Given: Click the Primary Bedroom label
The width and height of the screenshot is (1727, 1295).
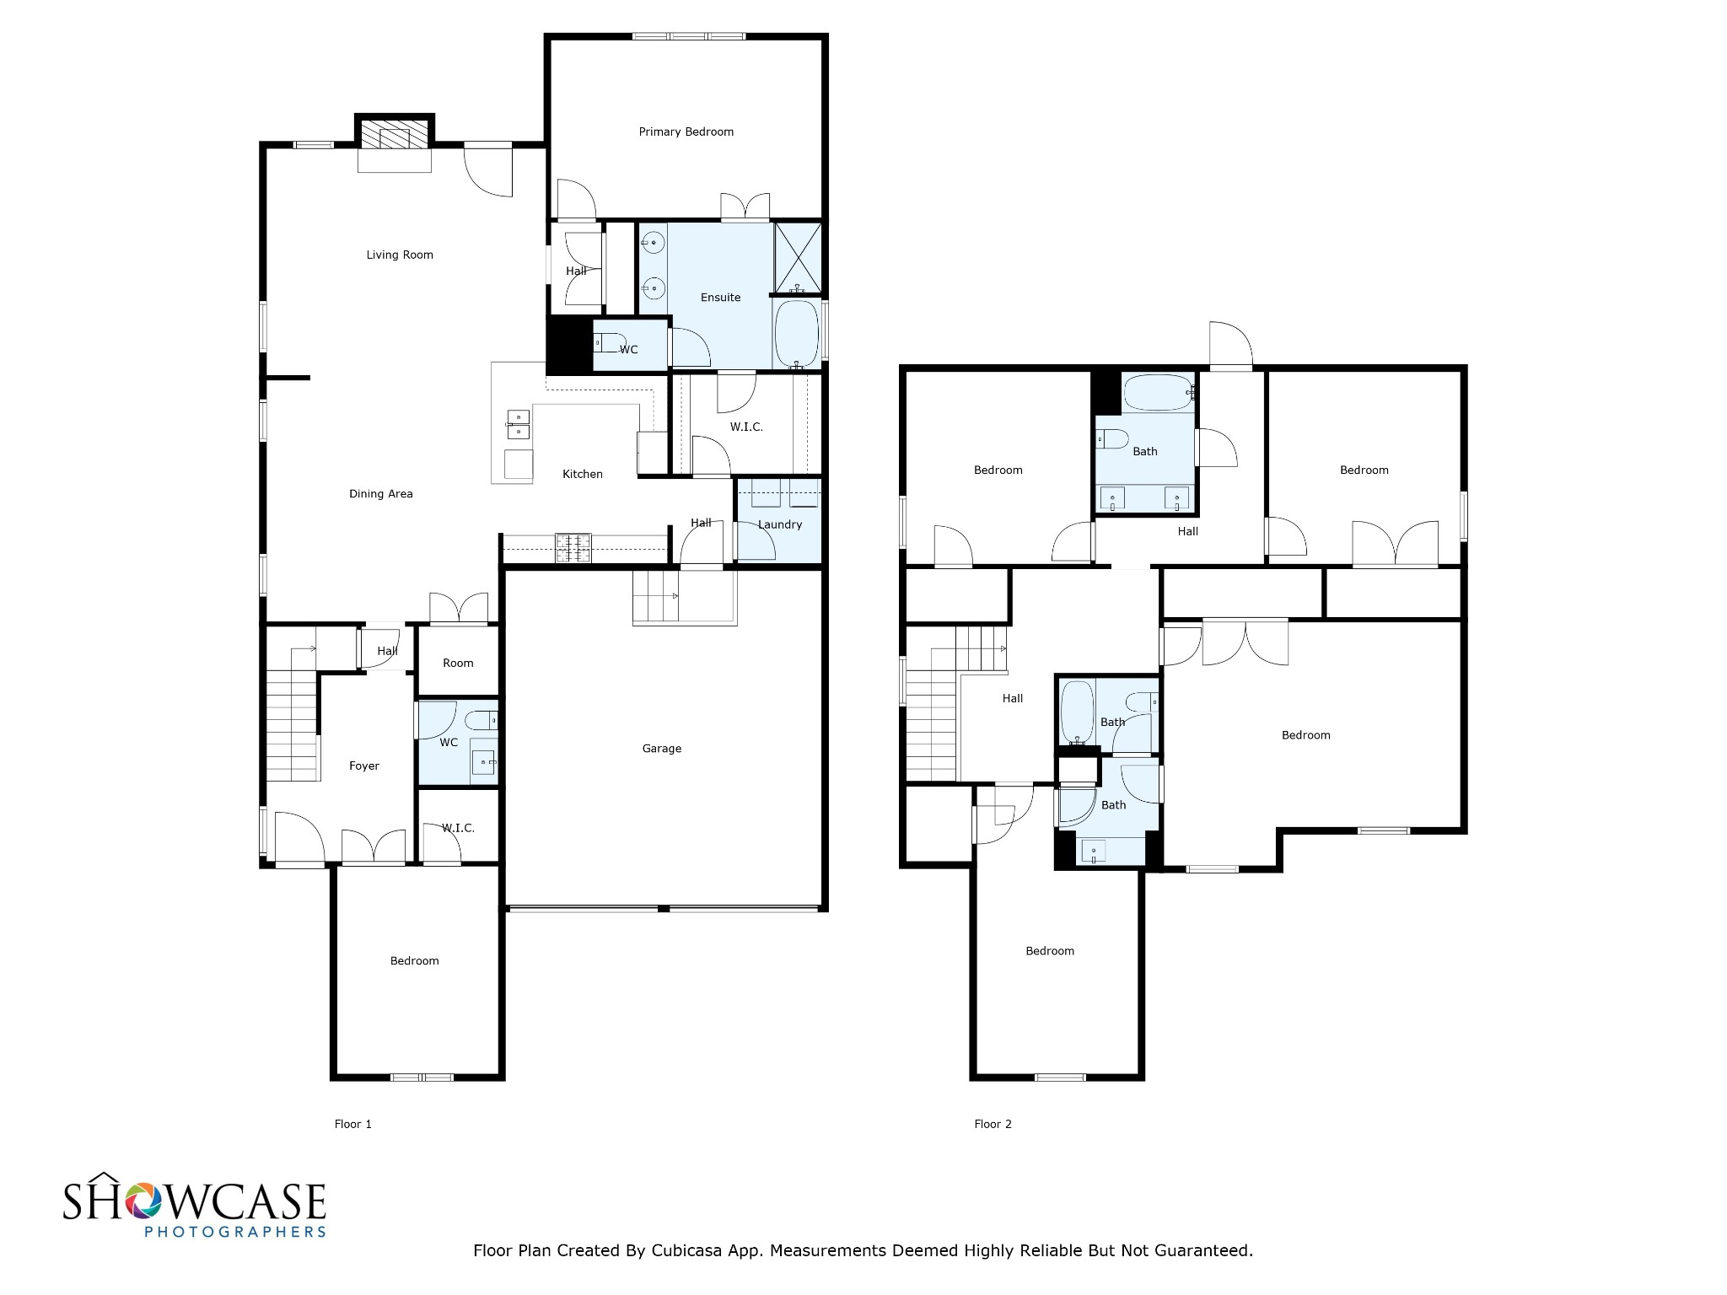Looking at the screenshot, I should coord(686,132).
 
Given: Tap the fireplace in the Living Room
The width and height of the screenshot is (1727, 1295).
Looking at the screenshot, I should coord(394,135).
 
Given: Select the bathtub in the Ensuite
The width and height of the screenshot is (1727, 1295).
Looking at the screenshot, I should coord(796,334).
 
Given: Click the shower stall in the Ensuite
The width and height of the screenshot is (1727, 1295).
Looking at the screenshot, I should coord(798,257).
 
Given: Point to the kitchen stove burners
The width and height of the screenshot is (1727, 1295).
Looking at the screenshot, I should coord(573,548).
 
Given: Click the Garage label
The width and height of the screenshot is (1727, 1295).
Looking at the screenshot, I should coord(661,749).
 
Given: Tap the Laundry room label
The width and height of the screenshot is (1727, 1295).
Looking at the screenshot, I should coord(779,524).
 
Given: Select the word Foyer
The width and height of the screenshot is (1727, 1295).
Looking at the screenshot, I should coord(364,766).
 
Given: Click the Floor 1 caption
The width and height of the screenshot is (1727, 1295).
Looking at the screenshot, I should coord(352,1124).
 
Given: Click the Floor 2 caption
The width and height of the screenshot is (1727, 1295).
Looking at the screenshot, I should coord(993,1124).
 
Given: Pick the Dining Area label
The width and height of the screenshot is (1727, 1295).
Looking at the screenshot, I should coord(381,494).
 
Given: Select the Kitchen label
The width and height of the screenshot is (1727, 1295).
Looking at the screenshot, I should coord(583,474).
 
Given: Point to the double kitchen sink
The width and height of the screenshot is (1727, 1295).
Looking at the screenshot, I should coord(518,424).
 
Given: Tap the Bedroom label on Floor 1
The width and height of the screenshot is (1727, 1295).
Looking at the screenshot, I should coord(414,961).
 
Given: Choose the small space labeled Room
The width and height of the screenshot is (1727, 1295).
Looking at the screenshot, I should coord(458,663).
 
